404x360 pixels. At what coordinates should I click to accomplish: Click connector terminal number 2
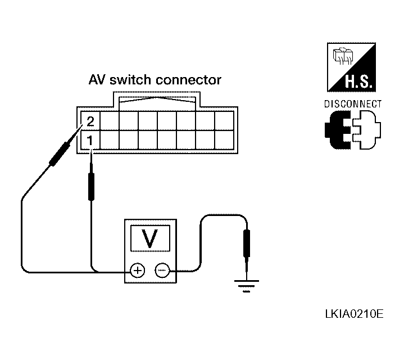pyautogui.click(x=90, y=121)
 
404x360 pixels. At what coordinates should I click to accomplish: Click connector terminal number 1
pyautogui.click(x=90, y=141)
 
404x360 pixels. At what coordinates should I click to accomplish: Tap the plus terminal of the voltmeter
pyautogui.click(x=138, y=271)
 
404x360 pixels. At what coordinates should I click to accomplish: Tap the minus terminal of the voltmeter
pyautogui.click(x=162, y=271)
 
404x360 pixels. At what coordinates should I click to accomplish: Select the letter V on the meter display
pyautogui.click(x=150, y=238)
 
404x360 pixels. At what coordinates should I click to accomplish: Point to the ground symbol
pyautogui.click(x=247, y=286)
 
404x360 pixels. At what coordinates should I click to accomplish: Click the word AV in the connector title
pyautogui.click(x=97, y=80)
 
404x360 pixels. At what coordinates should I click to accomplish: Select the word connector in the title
pyautogui.click(x=188, y=80)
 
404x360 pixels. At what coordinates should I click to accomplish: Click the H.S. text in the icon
pyautogui.click(x=358, y=82)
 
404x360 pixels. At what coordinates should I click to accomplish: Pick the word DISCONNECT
pyautogui.click(x=353, y=104)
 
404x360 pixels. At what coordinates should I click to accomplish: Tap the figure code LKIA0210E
pyautogui.click(x=355, y=314)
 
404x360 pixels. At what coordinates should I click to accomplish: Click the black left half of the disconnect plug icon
pyautogui.click(x=338, y=130)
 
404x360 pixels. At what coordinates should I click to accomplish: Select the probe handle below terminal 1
pyautogui.click(x=91, y=186)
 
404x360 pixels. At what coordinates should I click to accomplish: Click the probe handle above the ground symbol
pyautogui.click(x=247, y=244)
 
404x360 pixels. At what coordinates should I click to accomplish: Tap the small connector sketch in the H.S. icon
pyautogui.click(x=343, y=56)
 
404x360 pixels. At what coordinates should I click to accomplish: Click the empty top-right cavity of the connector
pyautogui.click(x=224, y=121)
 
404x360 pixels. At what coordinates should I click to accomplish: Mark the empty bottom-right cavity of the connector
pyautogui.click(x=224, y=140)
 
